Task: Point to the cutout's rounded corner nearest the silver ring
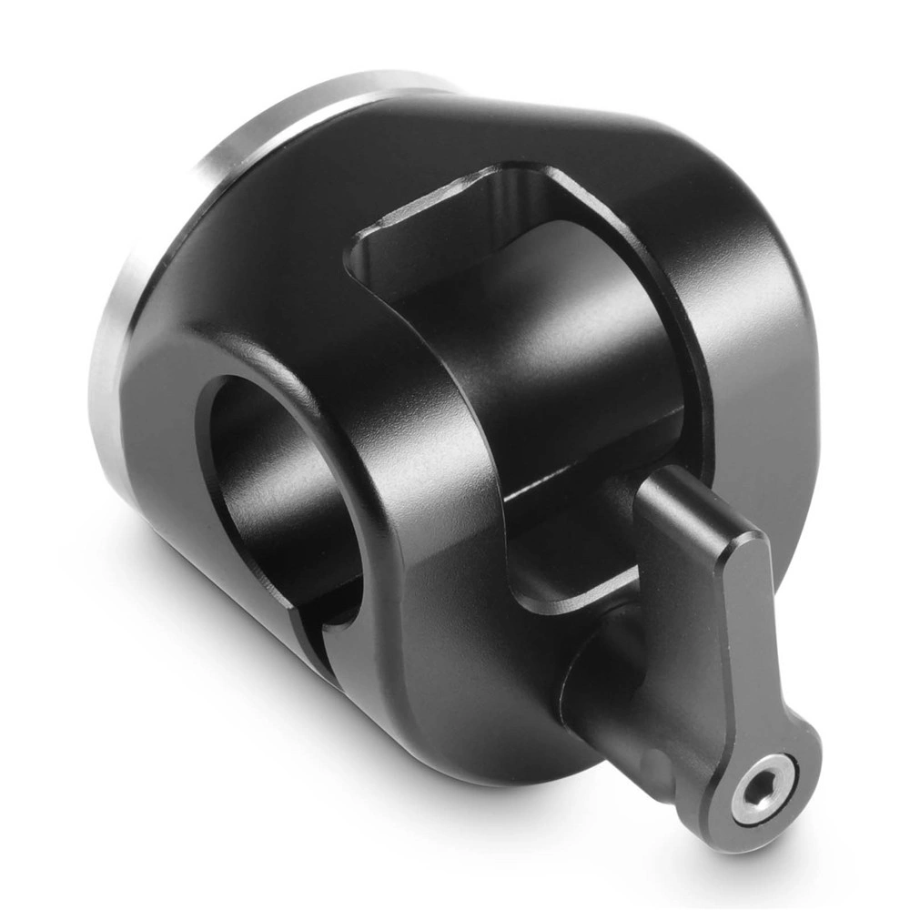tap(364, 246)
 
